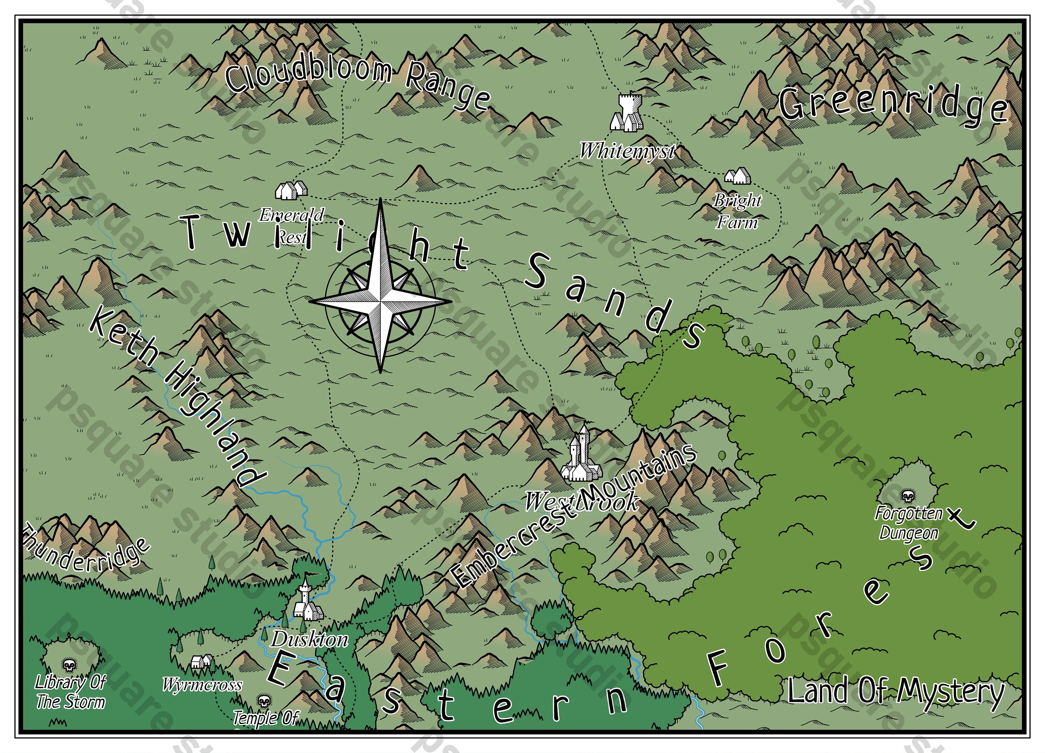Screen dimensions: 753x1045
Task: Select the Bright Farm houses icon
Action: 737,176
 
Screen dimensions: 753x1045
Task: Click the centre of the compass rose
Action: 381,302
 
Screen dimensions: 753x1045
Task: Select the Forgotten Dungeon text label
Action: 908,523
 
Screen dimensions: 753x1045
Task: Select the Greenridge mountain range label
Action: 892,105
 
